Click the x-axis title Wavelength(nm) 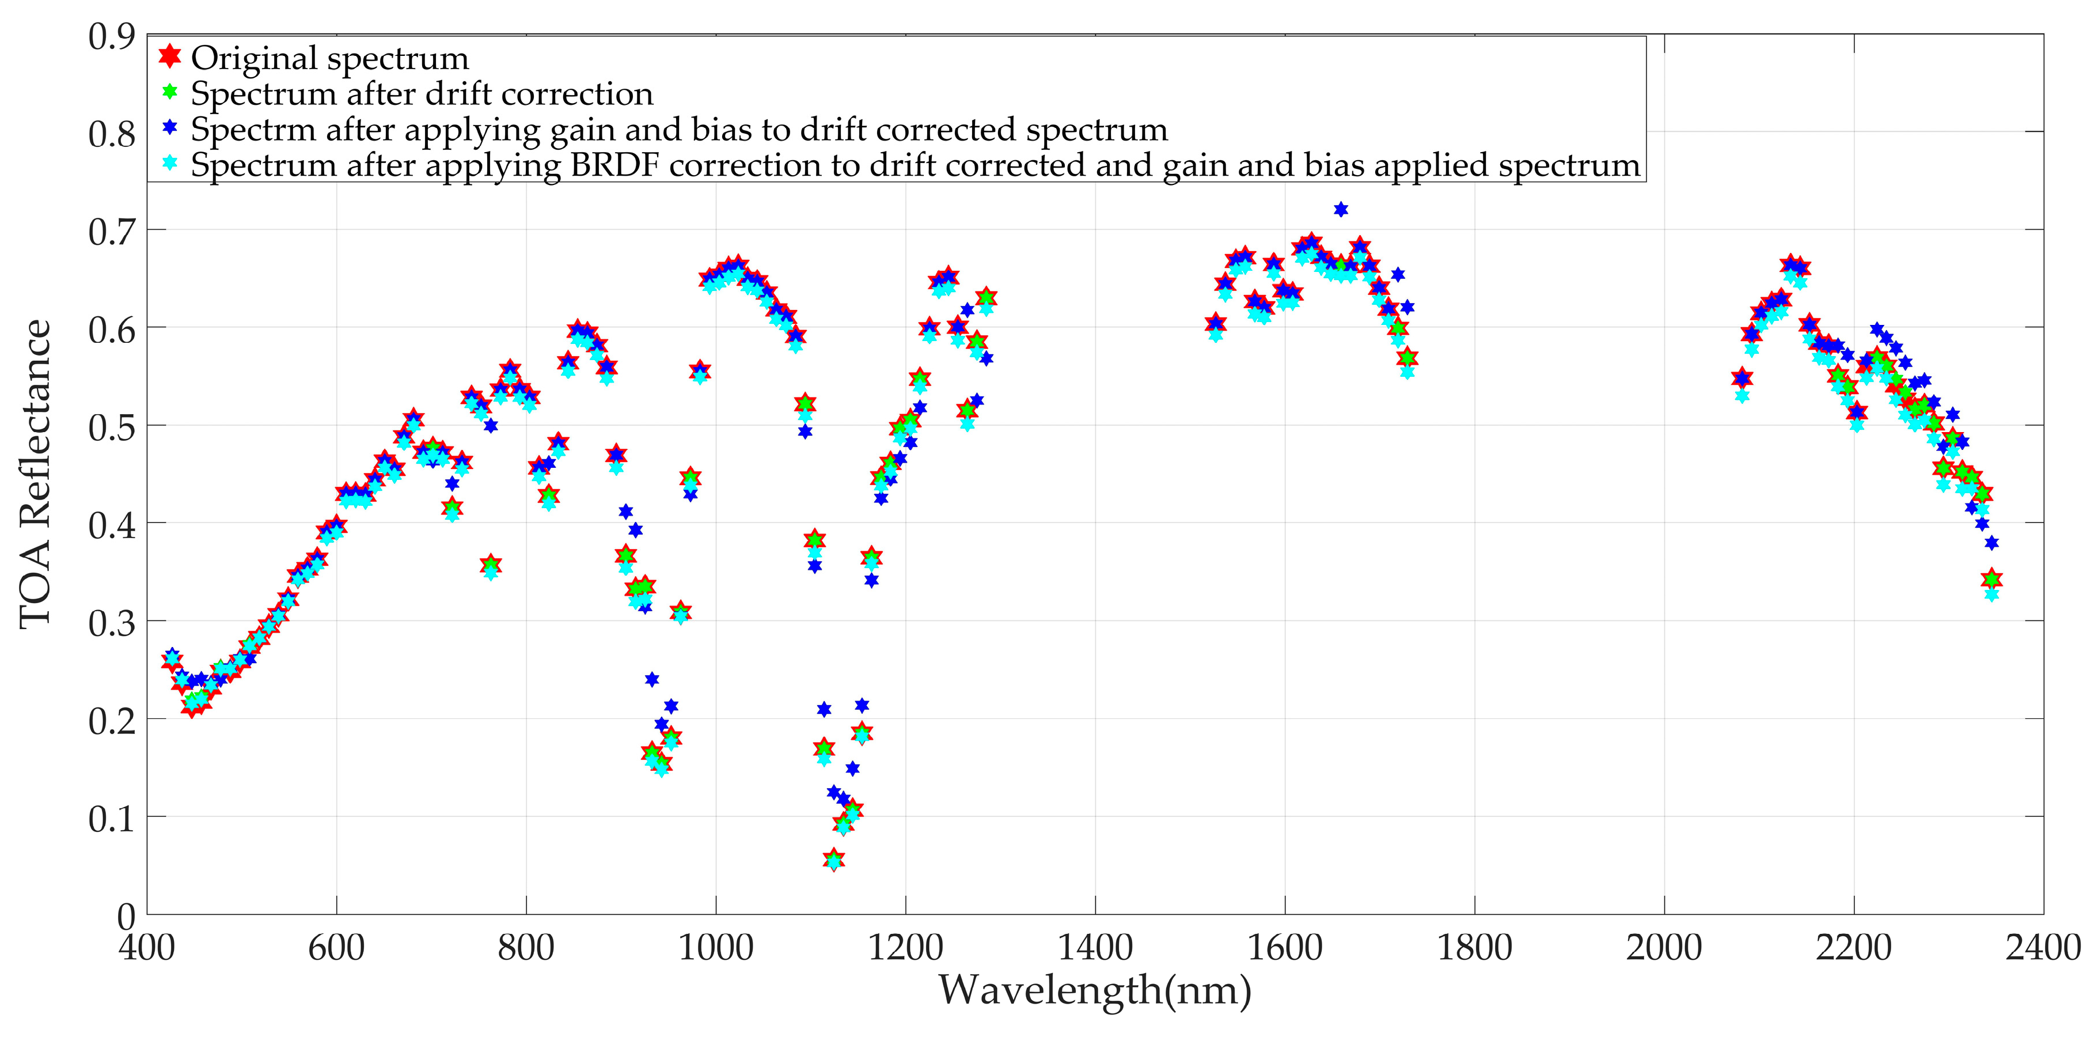[1095, 990]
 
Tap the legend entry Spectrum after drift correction [422, 94]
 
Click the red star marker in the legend [169, 56]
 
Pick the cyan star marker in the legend [169, 163]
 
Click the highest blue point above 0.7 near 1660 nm [1341, 209]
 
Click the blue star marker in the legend [169, 128]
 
